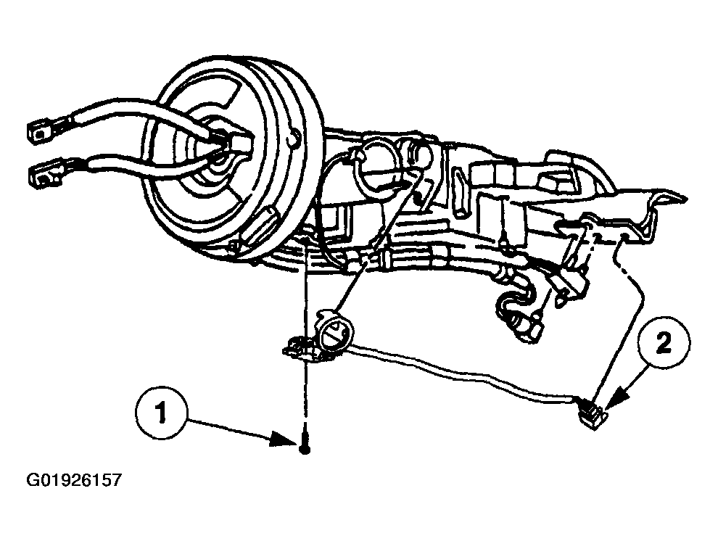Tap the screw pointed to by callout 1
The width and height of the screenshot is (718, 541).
(x=305, y=445)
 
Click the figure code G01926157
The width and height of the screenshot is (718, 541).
(x=74, y=481)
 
